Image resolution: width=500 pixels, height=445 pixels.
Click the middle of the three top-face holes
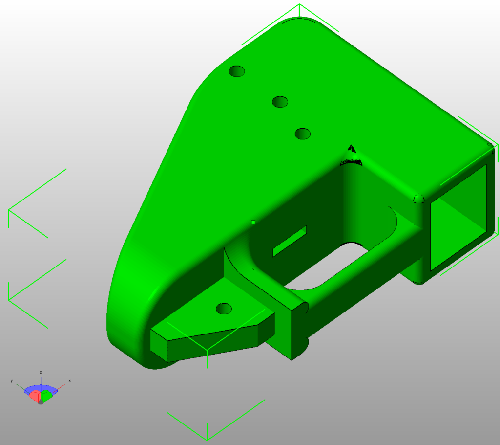point(280,102)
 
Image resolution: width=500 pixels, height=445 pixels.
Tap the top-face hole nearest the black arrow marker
point(303,134)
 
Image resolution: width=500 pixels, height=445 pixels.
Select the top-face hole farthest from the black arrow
point(237,71)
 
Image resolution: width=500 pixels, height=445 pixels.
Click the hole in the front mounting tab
point(224,309)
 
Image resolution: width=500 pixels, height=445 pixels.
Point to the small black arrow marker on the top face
point(352,149)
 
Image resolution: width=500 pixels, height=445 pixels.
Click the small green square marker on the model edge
point(253,222)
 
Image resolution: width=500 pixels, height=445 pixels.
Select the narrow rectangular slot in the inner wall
point(290,241)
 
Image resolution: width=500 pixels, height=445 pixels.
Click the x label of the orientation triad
point(69,381)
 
